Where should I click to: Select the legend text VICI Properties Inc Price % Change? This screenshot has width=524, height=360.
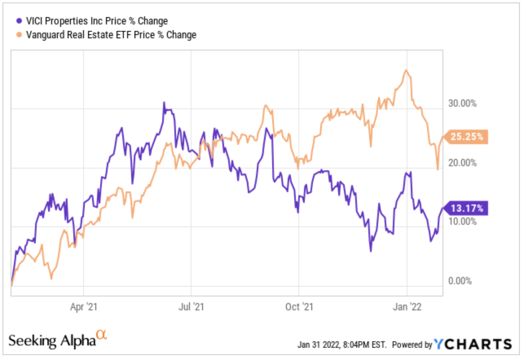[97, 21]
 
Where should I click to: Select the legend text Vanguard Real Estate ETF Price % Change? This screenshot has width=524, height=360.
[111, 35]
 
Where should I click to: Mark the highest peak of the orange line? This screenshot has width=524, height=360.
[405, 70]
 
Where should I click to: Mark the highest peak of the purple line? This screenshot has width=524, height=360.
[164, 102]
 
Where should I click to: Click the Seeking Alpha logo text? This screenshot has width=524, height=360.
[52, 340]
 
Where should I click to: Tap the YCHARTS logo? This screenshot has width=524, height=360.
[472, 344]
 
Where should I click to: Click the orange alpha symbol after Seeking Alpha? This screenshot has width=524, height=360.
[101, 335]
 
